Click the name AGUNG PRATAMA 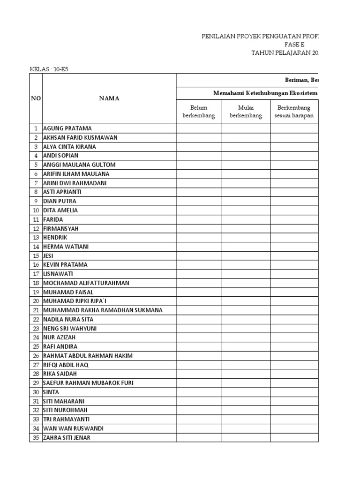click(67, 128)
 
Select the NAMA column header click(109, 98)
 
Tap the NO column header click(36, 98)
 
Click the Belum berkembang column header click(199, 112)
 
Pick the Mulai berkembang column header click(246, 112)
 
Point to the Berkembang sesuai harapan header click(294, 112)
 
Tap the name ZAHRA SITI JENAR click(67, 438)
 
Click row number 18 click(36, 283)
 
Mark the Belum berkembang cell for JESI click(199, 256)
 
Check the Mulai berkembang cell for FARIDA click(246, 219)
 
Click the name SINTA click(51, 392)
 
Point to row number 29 click(36, 383)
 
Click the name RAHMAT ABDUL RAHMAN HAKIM click(88, 356)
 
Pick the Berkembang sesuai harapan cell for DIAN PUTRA click(294, 201)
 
